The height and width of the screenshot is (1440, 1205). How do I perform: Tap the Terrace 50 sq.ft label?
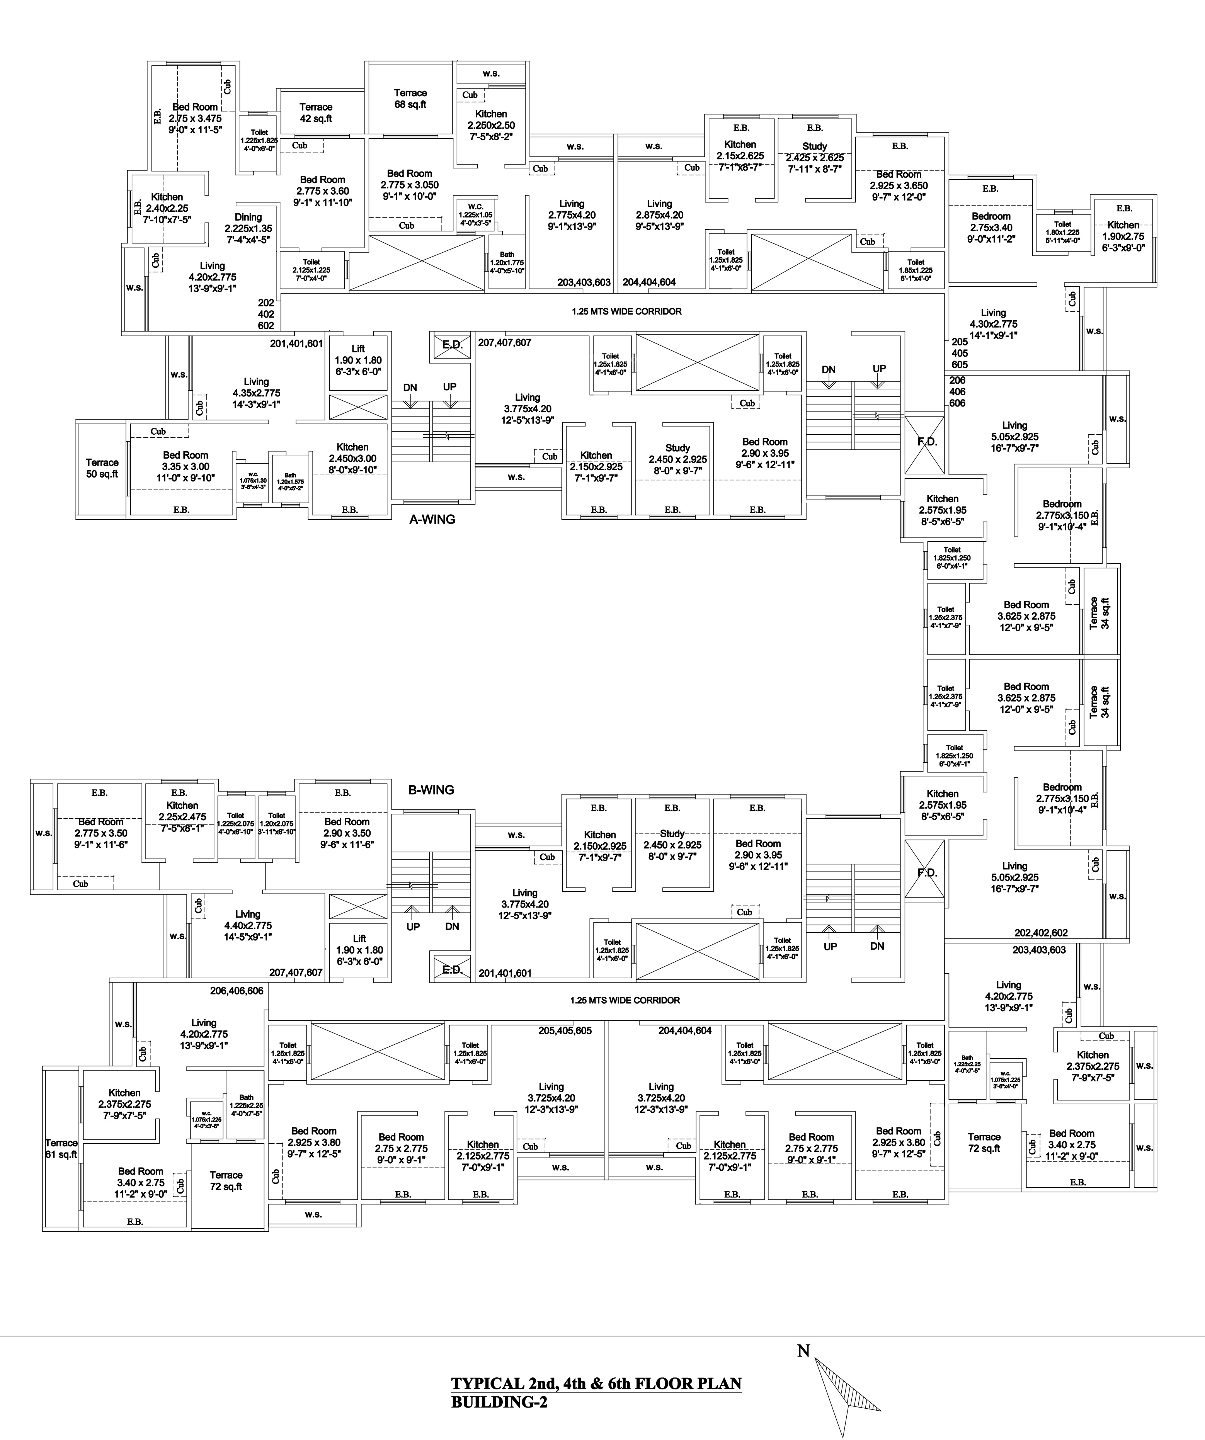tap(102, 468)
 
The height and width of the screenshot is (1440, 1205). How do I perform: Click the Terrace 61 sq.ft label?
tap(61, 1149)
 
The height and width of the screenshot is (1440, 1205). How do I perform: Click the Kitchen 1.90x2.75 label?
tap(1123, 236)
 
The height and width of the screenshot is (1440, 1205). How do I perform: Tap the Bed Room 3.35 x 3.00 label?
tap(185, 466)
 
